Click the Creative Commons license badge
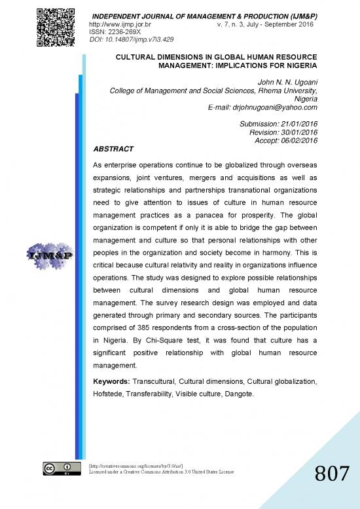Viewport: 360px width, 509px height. coord(57,470)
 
